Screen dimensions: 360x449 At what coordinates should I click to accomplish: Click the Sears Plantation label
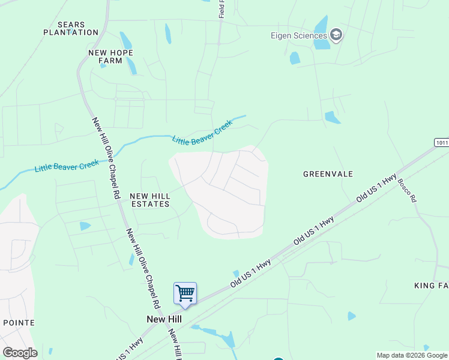(x=71, y=28)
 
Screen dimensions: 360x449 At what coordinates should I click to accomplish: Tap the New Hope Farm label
(x=110, y=56)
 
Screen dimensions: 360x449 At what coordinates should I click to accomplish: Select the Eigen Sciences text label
(x=298, y=35)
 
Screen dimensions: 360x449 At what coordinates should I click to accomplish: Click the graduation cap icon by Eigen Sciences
(x=336, y=35)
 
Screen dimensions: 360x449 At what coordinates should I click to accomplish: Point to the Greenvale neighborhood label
(x=328, y=174)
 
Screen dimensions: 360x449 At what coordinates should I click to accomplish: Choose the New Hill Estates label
(x=149, y=200)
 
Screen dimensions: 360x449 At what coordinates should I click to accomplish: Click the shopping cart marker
(x=185, y=294)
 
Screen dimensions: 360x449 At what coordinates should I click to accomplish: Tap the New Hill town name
(x=164, y=319)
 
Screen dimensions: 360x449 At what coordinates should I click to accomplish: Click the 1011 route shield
(x=441, y=142)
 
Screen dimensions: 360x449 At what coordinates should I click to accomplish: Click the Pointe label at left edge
(x=18, y=323)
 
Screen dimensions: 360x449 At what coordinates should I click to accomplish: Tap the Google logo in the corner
(x=20, y=352)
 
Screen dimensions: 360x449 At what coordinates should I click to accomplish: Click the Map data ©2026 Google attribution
(x=412, y=355)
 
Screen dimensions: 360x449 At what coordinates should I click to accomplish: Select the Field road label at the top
(x=221, y=8)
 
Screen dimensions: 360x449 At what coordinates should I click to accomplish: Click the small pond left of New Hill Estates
(x=85, y=226)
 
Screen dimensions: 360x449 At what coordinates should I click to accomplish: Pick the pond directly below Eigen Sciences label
(x=295, y=58)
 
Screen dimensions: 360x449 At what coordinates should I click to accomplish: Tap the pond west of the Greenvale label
(x=331, y=118)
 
